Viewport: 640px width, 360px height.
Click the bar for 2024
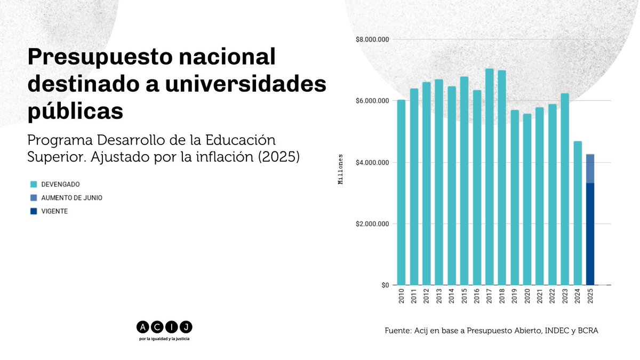[577, 213]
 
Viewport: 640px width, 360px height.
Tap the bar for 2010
[401, 192]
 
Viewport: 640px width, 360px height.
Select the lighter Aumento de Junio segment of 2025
[590, 169]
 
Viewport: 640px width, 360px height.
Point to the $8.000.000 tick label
[373, 39]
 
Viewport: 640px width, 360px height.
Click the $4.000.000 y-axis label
[373, 162]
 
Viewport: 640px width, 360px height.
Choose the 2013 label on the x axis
[439, 295]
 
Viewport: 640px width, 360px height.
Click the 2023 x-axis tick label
[565, 295]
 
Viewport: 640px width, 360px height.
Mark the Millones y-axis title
[341, 170]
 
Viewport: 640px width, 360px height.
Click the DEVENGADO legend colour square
[34, 184]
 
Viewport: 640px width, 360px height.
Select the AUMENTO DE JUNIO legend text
[71, 198]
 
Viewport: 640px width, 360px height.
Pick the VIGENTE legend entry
[54, 211]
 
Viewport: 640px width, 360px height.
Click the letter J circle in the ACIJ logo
[187, 326]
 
